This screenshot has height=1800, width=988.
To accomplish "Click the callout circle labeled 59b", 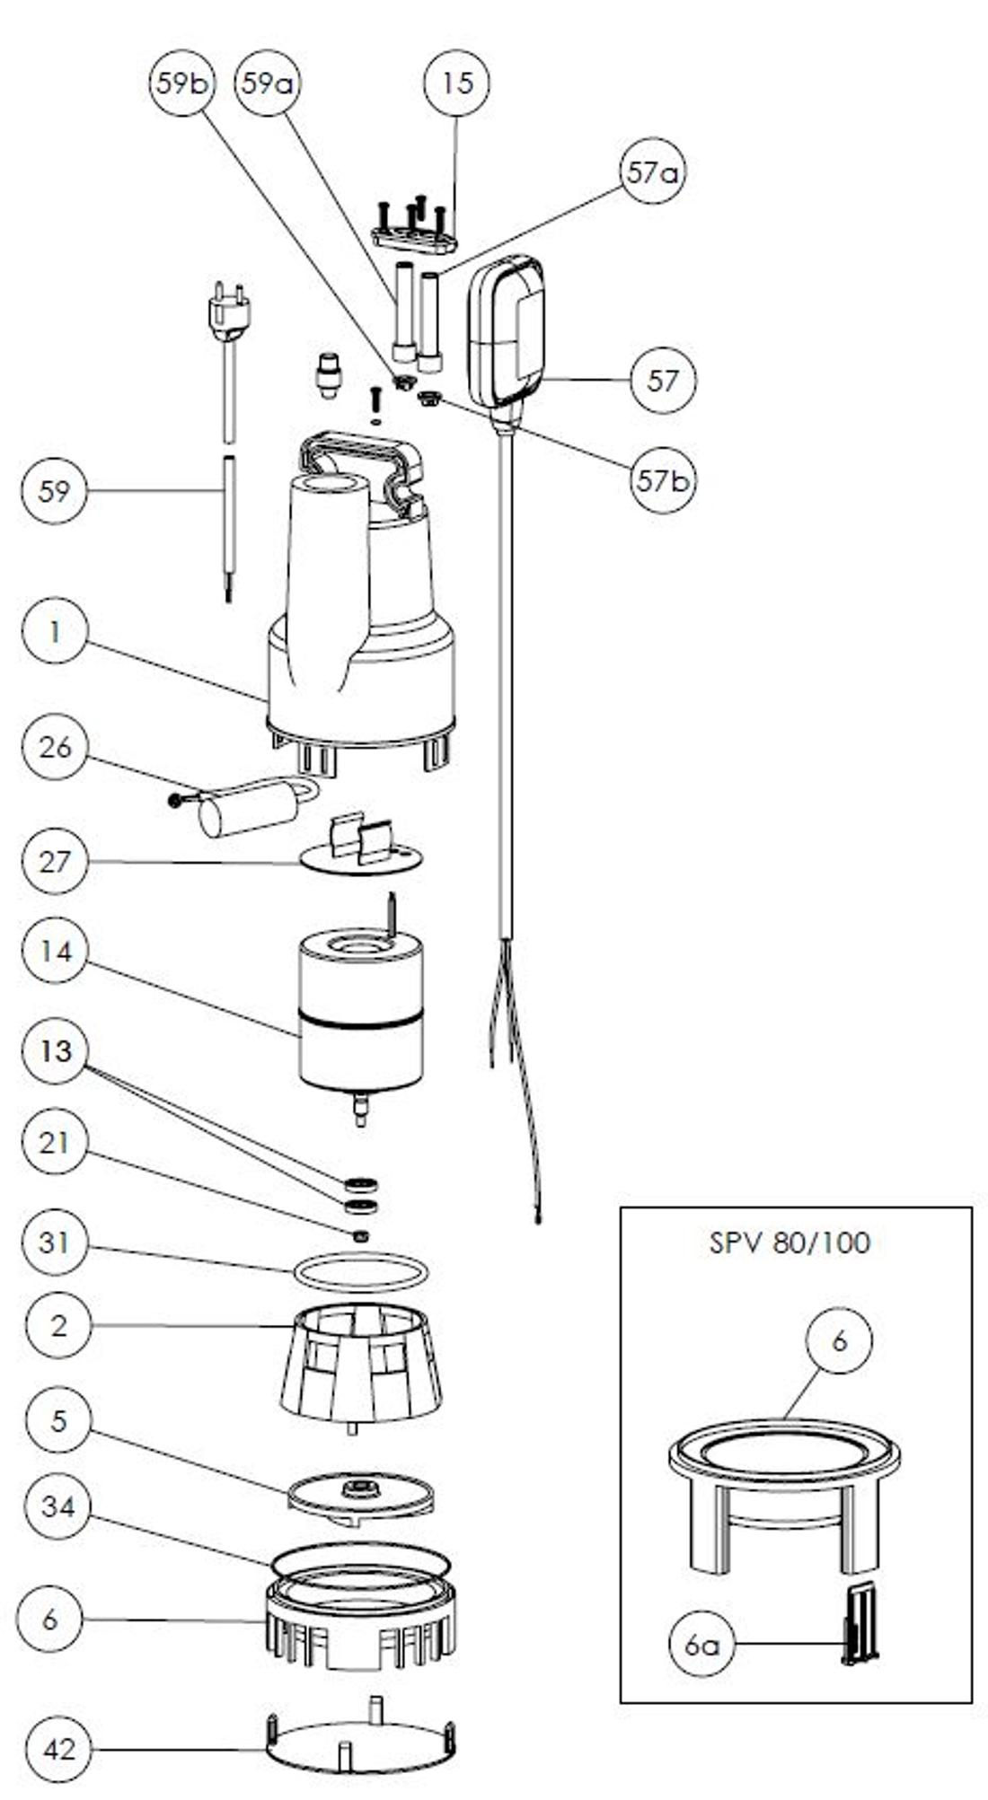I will tap(181, 83).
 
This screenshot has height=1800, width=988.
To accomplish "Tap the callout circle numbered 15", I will tap(456, 83).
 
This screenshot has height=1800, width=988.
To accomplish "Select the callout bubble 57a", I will tap(652, 172).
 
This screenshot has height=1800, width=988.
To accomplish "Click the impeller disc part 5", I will tap(360, 1497).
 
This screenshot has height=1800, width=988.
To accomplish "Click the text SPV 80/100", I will tap(790, 1242).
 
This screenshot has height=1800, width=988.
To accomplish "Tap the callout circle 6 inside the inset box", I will tap(839, 1340).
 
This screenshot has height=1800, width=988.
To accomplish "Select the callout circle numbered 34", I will tap(58, 1506).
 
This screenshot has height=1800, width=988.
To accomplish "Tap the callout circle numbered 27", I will tap(55, 861).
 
